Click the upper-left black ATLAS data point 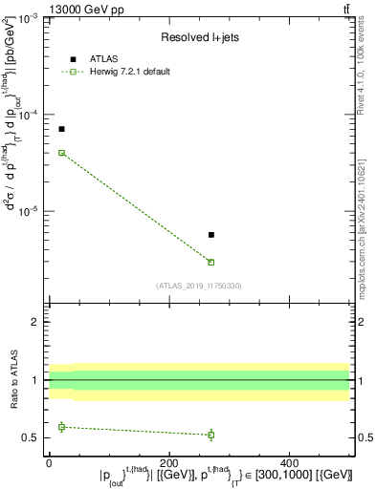(61, 129)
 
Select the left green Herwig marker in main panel (61, 153)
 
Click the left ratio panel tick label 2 (35, 322)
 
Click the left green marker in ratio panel (61, 427)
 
